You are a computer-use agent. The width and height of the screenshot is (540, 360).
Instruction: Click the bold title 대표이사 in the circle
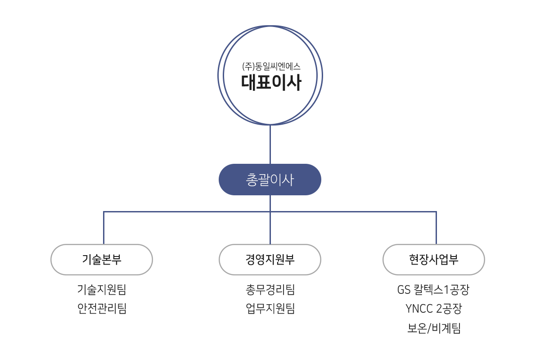[x=271, y=82]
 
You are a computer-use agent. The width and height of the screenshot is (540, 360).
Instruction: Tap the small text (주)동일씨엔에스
[x=271, y=66]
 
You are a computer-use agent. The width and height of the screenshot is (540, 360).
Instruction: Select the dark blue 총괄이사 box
[x=270, y=180]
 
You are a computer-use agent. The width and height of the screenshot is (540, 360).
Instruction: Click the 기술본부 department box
[x=102, y=260]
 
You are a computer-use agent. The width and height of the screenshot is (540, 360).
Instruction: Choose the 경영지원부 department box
[x=270, y=260]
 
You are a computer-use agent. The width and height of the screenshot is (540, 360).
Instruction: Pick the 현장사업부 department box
[x=434, y=260]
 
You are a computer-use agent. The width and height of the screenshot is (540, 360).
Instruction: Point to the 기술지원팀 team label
[x=102, y=289]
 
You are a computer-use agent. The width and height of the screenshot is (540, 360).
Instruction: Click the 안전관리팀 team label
[x=102, y=308]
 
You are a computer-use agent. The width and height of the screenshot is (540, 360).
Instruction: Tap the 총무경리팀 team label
[x=270, y=289]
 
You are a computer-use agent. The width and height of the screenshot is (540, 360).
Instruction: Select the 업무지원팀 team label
[x=270, y=308]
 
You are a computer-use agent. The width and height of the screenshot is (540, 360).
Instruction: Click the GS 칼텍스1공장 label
[x=433, y=289]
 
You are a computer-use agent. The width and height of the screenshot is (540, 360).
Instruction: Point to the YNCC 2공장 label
[x=434, y=309]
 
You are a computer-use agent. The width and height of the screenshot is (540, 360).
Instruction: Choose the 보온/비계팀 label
[x=434, y=328]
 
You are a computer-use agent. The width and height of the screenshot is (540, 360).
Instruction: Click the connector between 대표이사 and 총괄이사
[x=270, y=144]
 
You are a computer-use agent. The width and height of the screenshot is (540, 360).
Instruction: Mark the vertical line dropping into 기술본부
[x=103, y=228]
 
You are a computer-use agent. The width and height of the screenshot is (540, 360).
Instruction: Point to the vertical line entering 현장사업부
[x=436, y=228]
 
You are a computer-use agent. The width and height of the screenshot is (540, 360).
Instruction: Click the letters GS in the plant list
[x=404, y=290]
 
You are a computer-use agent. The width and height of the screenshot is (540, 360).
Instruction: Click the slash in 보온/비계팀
[x=429, y=328]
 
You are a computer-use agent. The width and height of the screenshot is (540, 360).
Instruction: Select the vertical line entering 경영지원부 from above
[x=270, y=228]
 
